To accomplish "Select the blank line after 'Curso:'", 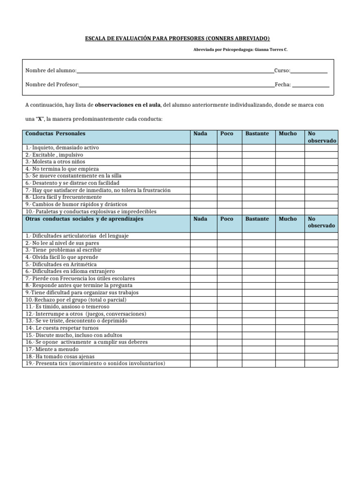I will click(308, 71).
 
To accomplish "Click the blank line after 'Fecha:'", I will click(310, 85).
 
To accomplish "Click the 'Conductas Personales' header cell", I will click(105, 137).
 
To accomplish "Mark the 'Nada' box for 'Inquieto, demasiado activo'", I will click(203, 148).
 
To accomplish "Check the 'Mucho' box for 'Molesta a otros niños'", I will click(289, 162).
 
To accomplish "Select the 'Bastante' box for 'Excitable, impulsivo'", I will click(258, 155).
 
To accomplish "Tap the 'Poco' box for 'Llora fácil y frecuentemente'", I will click(229, 197).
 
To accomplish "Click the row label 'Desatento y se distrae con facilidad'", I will click(73, 183).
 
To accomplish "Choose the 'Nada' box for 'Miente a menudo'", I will click(203, 349).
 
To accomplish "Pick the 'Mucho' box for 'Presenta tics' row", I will click(289, 364).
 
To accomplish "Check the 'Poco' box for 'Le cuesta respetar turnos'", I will click(229, 328).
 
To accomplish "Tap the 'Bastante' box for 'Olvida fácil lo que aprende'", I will click(258, 257).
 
